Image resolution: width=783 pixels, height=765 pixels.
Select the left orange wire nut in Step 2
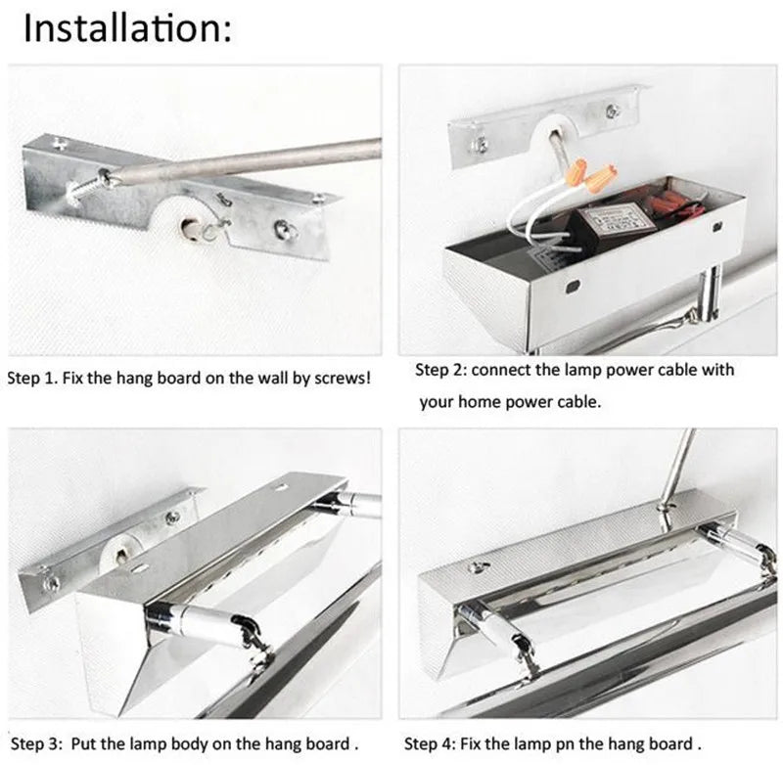click(x=578, y=171)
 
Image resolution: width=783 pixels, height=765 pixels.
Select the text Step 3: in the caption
click(x=36, y=743)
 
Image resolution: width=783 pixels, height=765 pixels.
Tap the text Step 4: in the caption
click(x=430, y=743)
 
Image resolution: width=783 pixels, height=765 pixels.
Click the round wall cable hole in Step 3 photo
click(x=121, y=556)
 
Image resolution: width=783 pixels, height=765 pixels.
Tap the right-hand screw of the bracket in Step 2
click(x=614, y=111)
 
